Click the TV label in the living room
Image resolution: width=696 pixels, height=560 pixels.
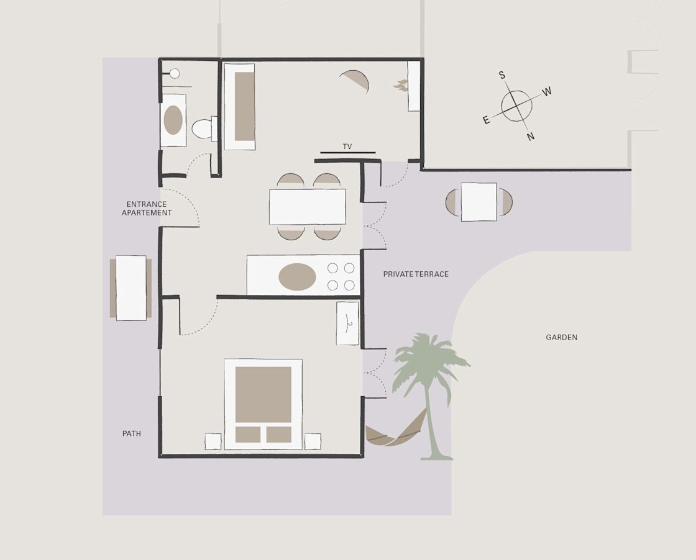coord(347,147)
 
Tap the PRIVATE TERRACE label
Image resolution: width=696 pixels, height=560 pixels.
coord(416,274)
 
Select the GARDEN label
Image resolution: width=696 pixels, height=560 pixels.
coord(562,337)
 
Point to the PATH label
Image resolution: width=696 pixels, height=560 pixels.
coord(132,433)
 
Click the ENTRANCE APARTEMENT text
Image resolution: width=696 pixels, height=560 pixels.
coord(147,209)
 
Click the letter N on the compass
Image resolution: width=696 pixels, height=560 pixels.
coord(531,137)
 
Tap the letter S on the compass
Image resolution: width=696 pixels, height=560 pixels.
coord(502,75)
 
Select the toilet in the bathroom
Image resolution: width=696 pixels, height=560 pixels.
coord(204,129)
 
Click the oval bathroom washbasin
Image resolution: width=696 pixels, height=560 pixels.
coord(173,120)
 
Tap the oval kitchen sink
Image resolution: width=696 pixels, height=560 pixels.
coord(298,277)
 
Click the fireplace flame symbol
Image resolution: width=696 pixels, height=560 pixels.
coord(400,85)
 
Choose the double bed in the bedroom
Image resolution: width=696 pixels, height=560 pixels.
coord(263,404)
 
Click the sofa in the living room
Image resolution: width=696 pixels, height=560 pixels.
coord(240,106)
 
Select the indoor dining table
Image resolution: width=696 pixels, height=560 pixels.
coord(308,207)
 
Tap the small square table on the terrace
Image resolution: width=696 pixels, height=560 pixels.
coord(479,202)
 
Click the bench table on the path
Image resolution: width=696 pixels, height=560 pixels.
coord(131,287)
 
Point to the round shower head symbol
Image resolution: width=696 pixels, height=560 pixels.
coord(175,74)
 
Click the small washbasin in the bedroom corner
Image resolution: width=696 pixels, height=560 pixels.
coord(347,323)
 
